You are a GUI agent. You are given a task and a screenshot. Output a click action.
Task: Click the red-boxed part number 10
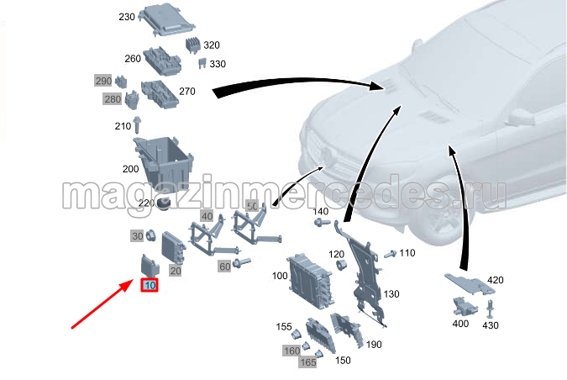(x=150, y=286)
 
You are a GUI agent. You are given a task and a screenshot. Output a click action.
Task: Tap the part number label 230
(x=127, y=17)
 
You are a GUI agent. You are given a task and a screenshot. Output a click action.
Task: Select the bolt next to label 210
(x=137, y=125)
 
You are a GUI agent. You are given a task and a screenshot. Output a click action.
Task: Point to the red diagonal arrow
(x=102, y=303)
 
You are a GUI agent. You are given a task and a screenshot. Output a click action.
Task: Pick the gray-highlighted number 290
(x=103, y=81)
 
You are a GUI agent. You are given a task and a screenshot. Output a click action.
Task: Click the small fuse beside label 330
(x=202, y=63)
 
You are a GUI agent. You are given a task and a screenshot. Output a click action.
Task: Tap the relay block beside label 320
(x=193, y=45)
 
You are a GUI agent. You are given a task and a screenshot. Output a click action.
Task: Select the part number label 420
(x=495, y=280)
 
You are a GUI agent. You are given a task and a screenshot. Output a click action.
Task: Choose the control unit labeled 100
(x=309, y=282)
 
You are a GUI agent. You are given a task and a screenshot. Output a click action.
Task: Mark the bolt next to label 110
(x=390, y=254)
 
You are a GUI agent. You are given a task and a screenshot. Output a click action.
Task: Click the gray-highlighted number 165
(x=308, y=362)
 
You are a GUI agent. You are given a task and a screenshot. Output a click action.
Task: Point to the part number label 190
(x=374, y=345)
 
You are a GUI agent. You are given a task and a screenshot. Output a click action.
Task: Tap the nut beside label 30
(x=150, y=235)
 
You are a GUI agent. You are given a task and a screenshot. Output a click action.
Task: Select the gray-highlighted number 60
(x=224, y=267)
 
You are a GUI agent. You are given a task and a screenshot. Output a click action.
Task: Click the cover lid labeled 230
(x=168, y=19)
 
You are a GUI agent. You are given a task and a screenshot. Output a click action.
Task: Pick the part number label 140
(x=320, y=211)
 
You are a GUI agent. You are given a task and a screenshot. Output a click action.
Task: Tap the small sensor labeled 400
(x=465, y=307)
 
